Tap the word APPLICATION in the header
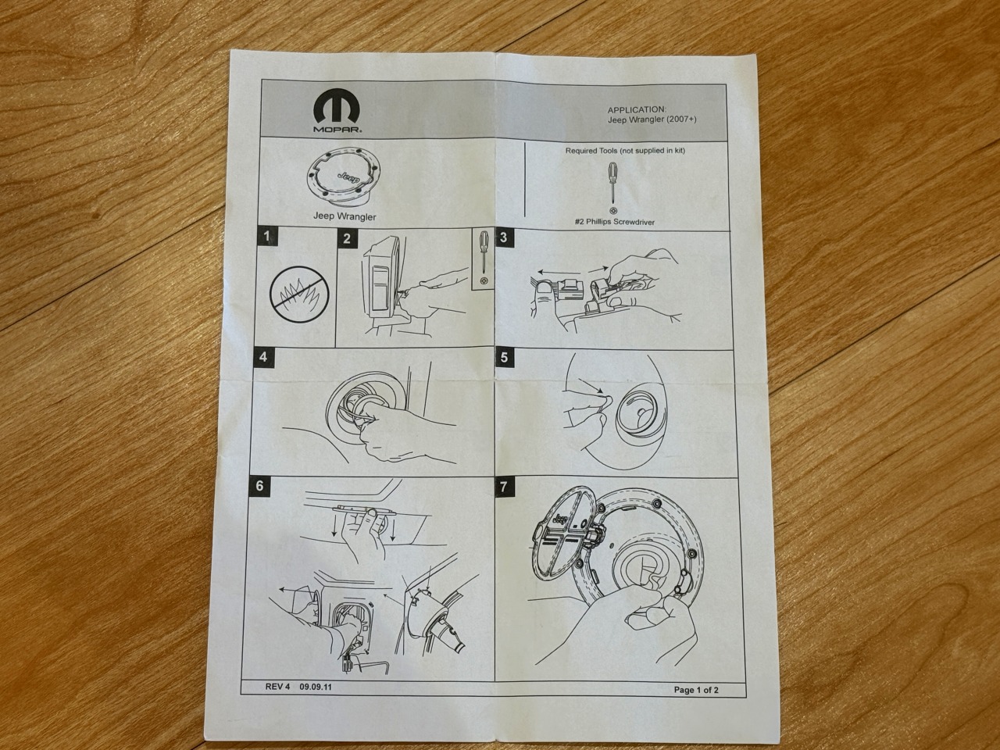point(637,109)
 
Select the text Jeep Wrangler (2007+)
point(652,120)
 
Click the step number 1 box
point(267,237)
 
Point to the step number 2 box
point(347,238)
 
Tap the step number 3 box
point(503,237)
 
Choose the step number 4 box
point(263,356)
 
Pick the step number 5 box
point(503,358)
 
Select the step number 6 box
point(259,485)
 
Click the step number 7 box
point(503,487)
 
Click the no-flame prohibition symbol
point(299,295)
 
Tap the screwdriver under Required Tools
point(612,187)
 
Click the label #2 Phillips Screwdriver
point(615,222)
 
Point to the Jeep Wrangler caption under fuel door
point(345,216)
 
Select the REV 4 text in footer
point(277,687)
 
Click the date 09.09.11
point(316,687)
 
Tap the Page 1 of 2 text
point(696,690)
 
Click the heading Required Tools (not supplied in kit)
point(625,151)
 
